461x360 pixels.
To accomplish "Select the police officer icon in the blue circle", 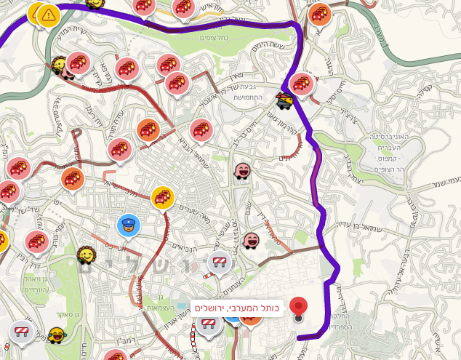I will pos(129,225).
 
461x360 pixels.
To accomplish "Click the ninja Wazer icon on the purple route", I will pos(285,100).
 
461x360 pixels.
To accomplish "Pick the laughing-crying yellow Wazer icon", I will pos(57,335).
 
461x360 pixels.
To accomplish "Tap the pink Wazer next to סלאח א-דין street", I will pos(251,239).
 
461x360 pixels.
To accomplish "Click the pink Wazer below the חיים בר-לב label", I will pos(242,172).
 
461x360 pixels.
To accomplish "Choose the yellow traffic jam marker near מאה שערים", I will pos(163,197).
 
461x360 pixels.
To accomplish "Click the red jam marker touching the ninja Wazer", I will pos(302,84).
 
